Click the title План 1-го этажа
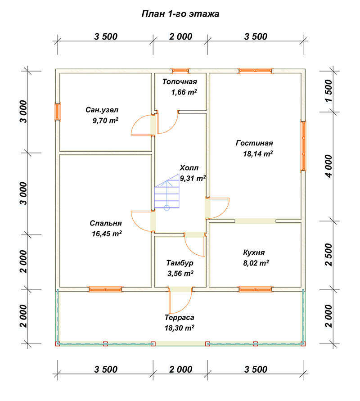click(180, 14)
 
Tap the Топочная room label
click(180, 81)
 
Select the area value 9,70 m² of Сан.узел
click(105, 120)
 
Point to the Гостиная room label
click(254, 143)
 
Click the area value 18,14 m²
click(258, 153)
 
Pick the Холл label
click(189, 168)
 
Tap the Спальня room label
click(106, 223)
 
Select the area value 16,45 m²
click(107, 234)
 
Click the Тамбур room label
click(180, 263)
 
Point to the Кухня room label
click(254, 252)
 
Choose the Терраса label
click(179, 317)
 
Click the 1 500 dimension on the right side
click(329, 90)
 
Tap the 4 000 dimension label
click(329, 166)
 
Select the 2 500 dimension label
click(329, 255)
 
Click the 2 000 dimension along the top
click(180, 36)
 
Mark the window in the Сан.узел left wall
click(58, 112)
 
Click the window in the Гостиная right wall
click(303, 146)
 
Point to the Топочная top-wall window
click(180, 71)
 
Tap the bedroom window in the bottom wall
click(105, 289)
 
